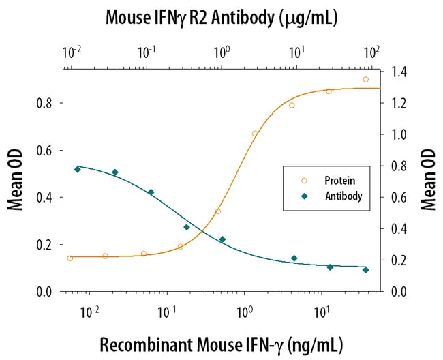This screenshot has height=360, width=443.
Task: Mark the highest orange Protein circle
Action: coord(366,80)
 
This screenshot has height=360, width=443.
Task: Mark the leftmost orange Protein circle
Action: coord(70,258)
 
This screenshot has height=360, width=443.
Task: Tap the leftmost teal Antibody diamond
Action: coord(77,169)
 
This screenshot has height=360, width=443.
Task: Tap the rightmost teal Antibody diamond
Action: coord(366,270)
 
